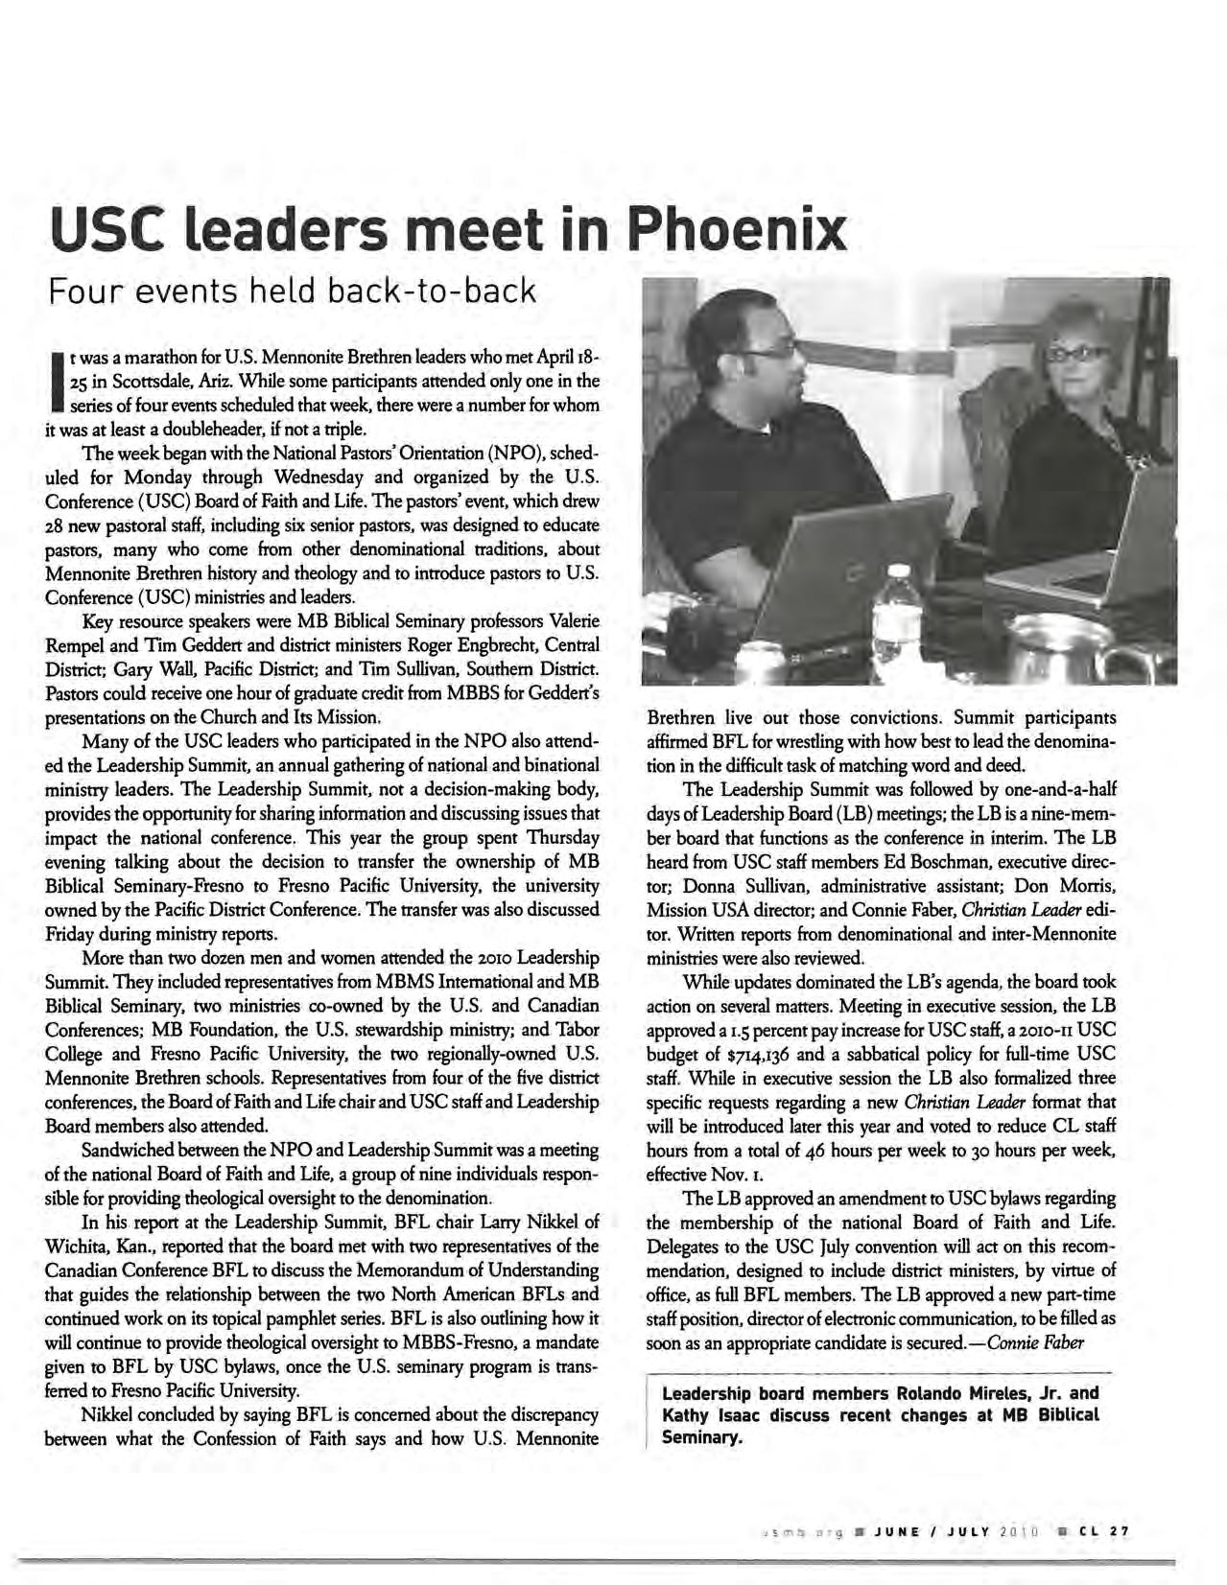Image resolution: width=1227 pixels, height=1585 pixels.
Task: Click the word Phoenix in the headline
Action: [737, 230]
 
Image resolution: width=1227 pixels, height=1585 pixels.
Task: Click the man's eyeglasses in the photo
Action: [767, 351]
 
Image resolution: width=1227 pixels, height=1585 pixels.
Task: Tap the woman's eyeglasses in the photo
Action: [1075, 351]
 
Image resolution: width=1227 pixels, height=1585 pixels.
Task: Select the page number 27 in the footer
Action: [1118, 1531]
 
